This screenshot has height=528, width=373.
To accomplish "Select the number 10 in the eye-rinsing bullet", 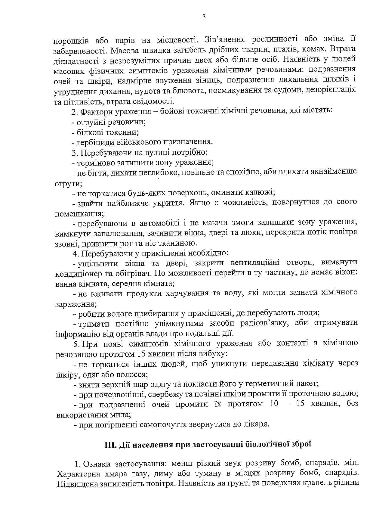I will [274, 404].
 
